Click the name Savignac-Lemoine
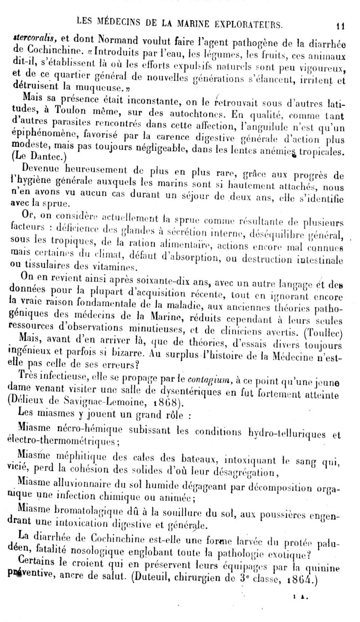(95, 401)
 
